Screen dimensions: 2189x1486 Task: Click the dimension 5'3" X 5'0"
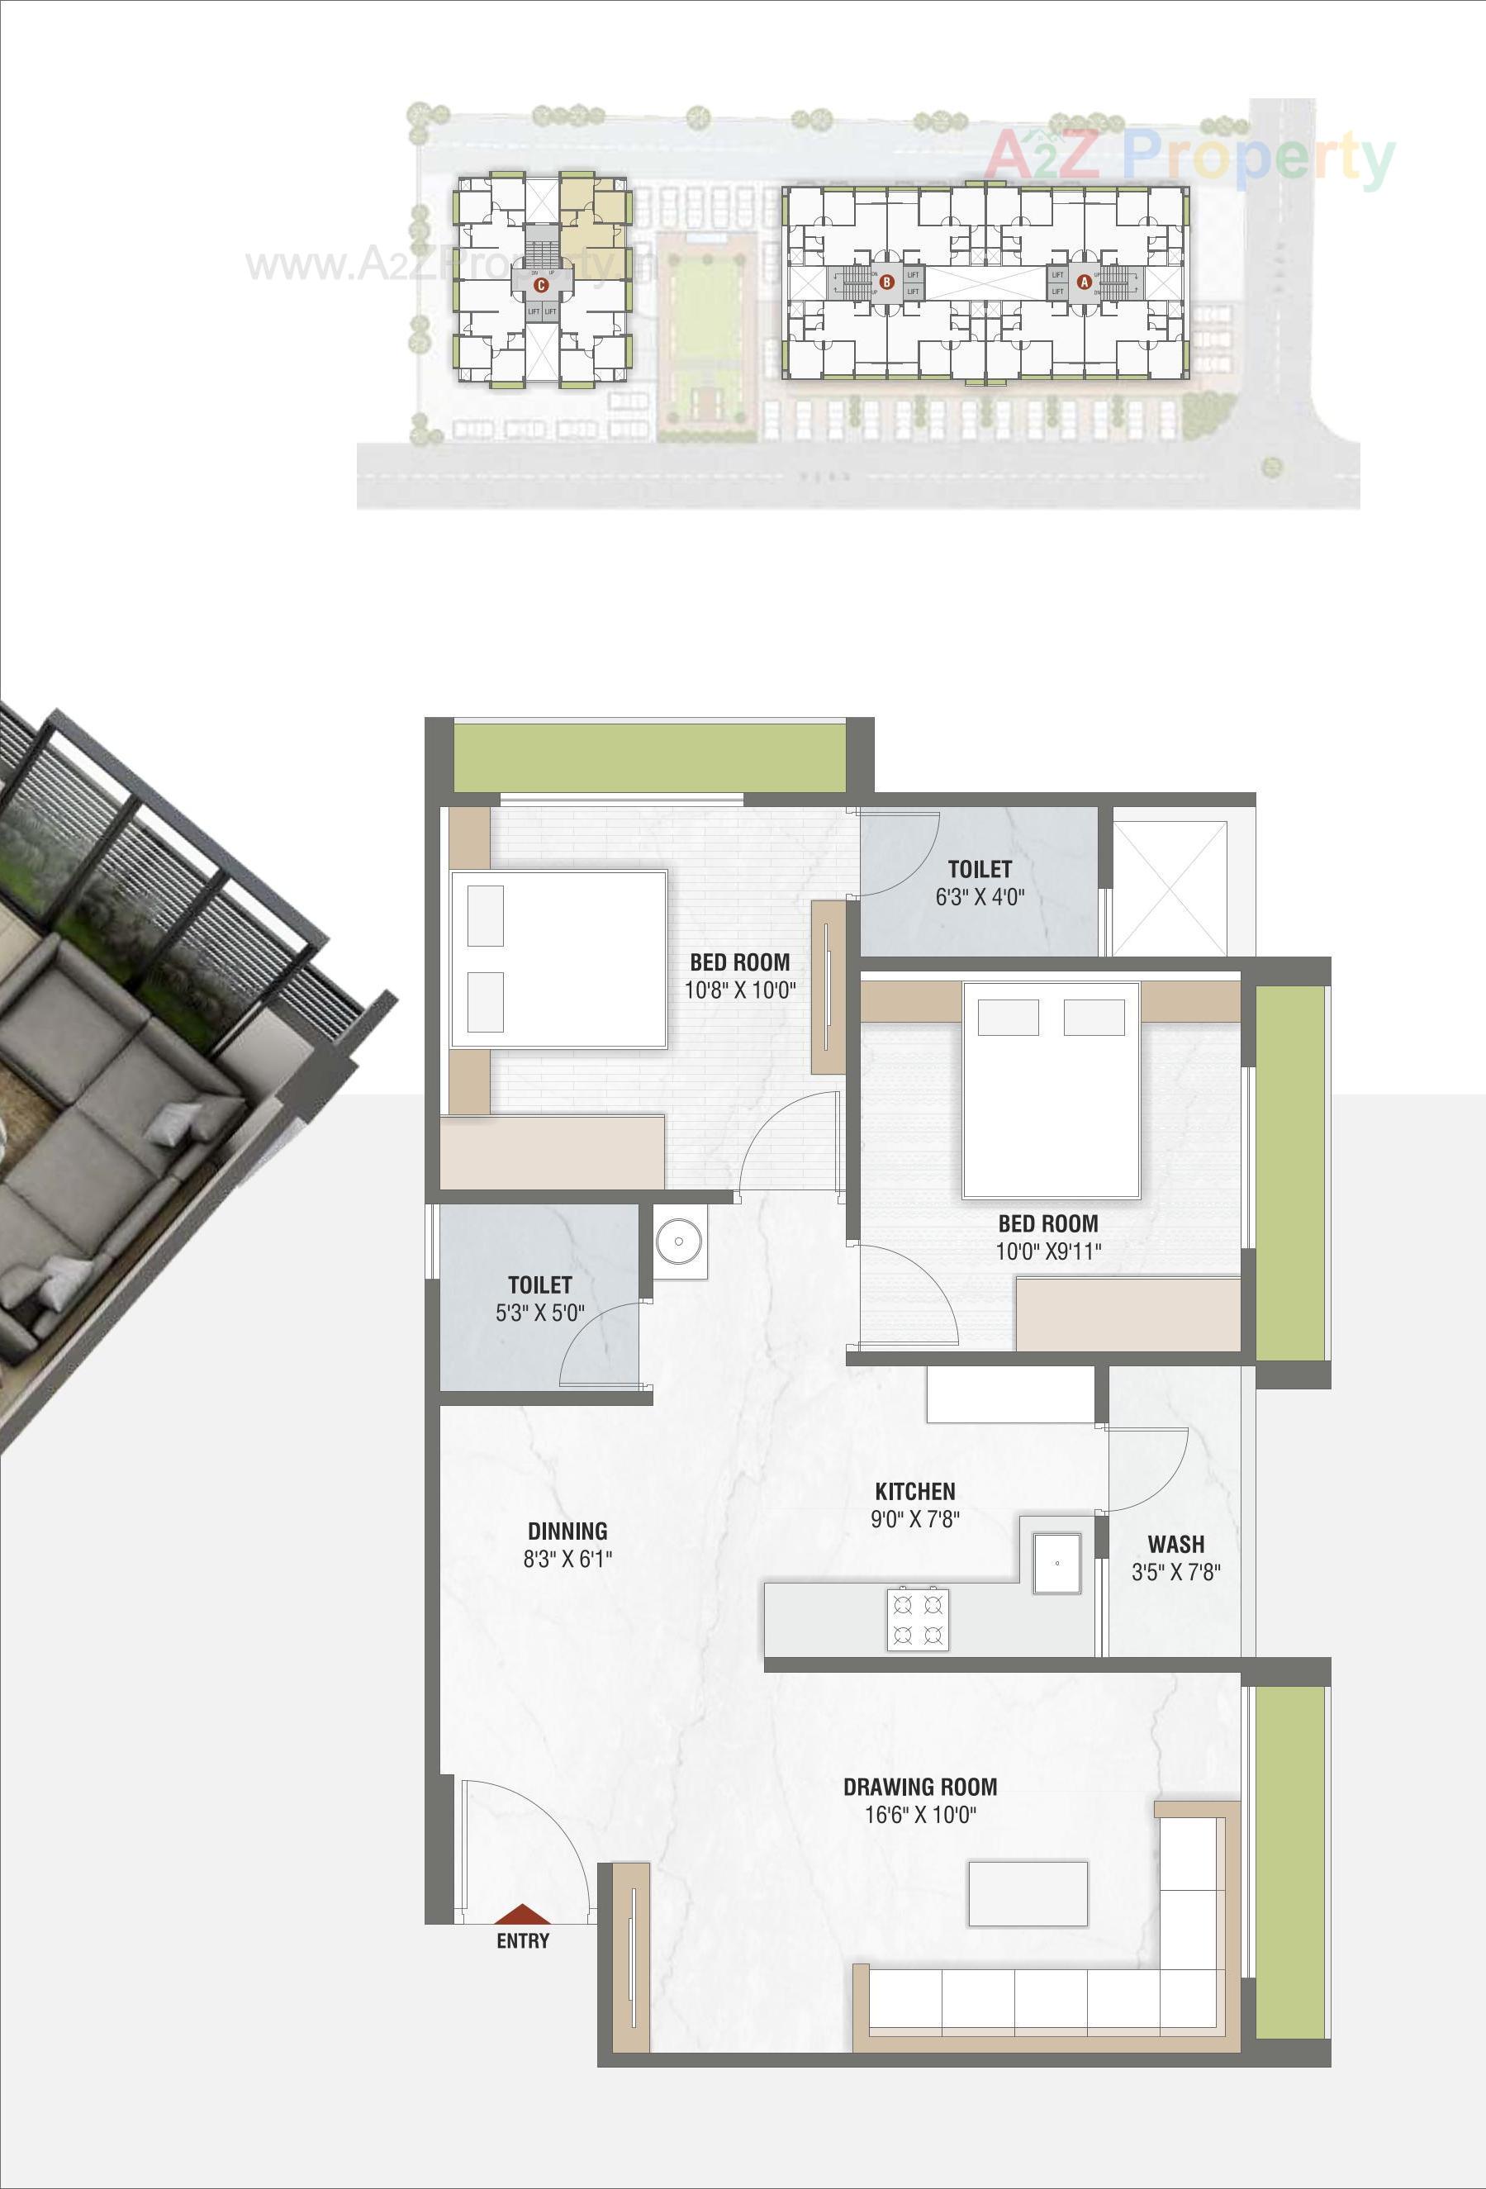tap(539, 1313)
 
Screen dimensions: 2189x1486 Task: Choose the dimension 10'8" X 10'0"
tap(740, 990)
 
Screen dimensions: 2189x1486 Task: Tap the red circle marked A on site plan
tap(1083, 281)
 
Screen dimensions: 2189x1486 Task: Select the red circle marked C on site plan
tap(540, 284)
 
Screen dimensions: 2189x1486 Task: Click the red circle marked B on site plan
tap(885, 281)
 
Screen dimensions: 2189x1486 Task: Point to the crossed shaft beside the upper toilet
tap(1170, 888)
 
